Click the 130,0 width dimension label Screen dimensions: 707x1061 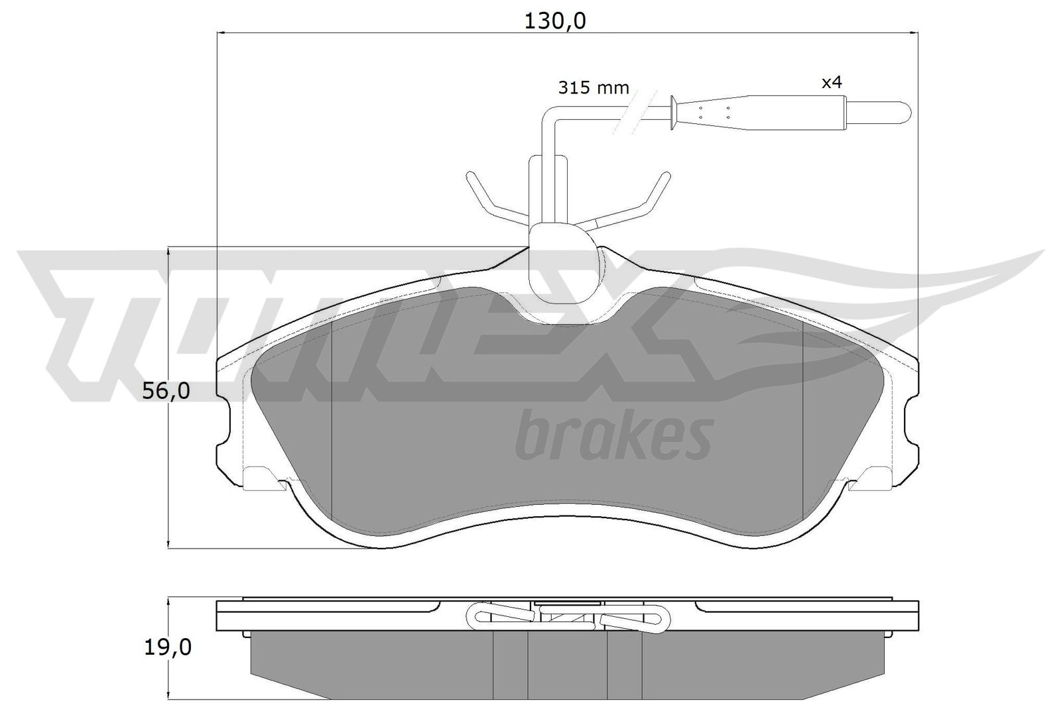click(555, 21)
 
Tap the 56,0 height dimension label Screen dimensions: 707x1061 click(166, 392)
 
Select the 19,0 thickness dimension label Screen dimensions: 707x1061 click(166, 647)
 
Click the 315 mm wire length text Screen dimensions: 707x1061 click(593, 87)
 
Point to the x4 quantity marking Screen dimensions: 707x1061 click(832, 83)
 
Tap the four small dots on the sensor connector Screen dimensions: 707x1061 click(714, 112)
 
